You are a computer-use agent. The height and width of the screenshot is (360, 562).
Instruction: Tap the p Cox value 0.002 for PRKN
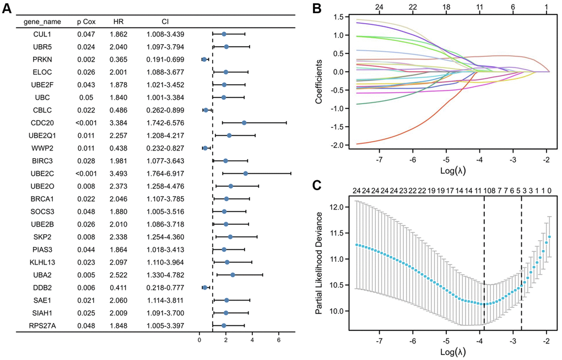87,59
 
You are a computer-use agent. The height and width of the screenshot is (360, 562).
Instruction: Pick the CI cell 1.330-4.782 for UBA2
165,275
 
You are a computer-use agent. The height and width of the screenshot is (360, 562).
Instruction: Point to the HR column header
118,22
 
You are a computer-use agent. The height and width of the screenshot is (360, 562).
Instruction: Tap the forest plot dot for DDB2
205,287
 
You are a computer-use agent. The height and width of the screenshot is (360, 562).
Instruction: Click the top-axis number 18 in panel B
446,7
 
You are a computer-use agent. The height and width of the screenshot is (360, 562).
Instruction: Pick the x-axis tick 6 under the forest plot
279,340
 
